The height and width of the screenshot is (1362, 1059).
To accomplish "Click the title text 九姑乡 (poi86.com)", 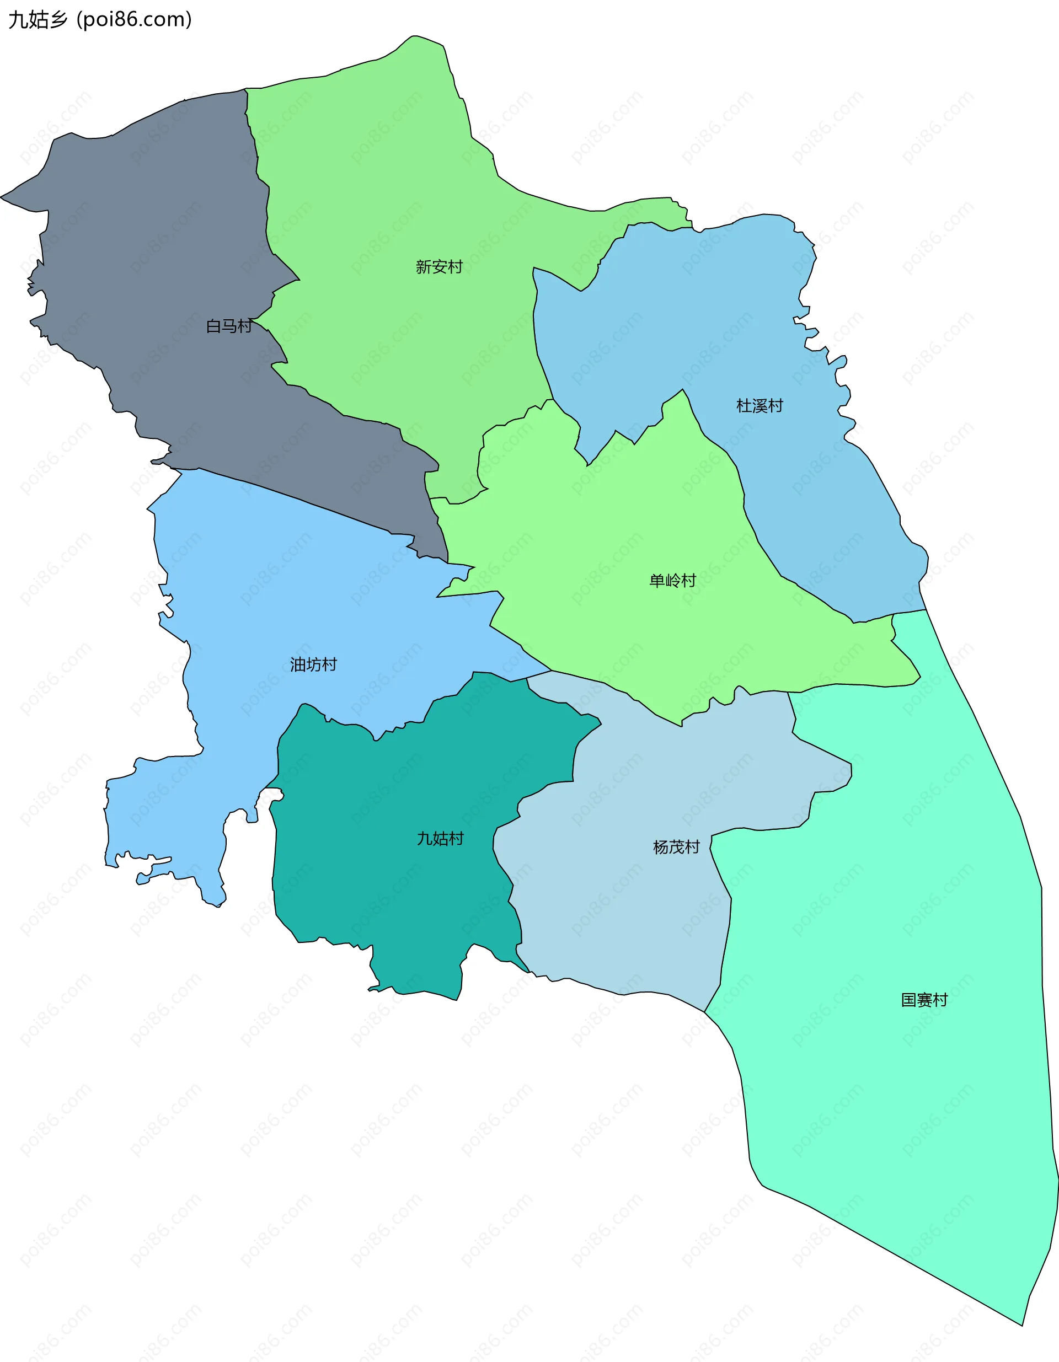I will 100,20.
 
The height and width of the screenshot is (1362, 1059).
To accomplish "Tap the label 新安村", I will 439,267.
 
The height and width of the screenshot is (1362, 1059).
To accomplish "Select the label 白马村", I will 229,326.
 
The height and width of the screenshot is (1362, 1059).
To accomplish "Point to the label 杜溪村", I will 759,406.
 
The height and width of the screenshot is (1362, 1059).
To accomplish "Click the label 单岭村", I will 672,581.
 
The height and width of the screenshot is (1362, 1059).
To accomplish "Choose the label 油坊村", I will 313,665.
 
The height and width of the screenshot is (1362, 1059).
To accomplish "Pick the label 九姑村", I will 440,839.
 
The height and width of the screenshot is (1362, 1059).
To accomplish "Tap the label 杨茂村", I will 676,847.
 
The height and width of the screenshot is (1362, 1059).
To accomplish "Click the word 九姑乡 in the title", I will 38,20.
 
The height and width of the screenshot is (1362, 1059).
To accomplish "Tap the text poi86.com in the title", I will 134,20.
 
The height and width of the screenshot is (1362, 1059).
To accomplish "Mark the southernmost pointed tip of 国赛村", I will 1022,1325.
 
